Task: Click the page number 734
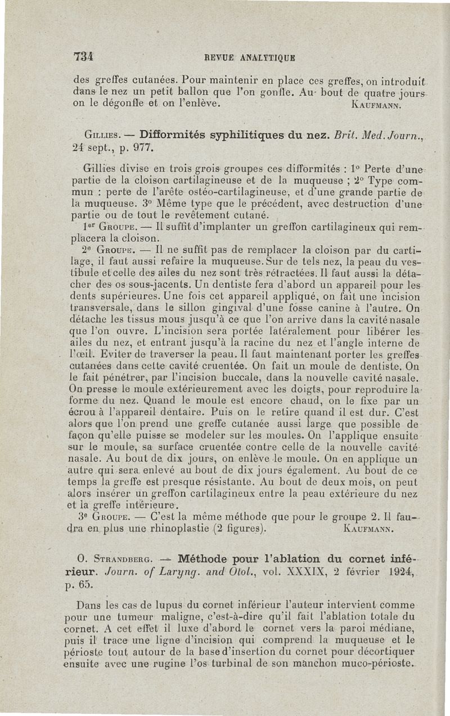click(x=83, y=56)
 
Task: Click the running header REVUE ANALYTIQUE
click(x=244, y=57)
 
